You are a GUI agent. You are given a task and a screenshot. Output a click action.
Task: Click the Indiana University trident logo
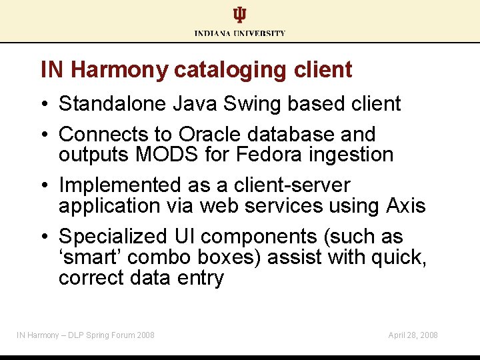click(x=239, y=15)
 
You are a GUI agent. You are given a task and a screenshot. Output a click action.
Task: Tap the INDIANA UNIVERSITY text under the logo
click(x=240, y=33)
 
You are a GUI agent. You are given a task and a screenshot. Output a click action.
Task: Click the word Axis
click(x=405, y=206)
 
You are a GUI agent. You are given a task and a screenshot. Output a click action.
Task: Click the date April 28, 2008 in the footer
click(x=413, y=335)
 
